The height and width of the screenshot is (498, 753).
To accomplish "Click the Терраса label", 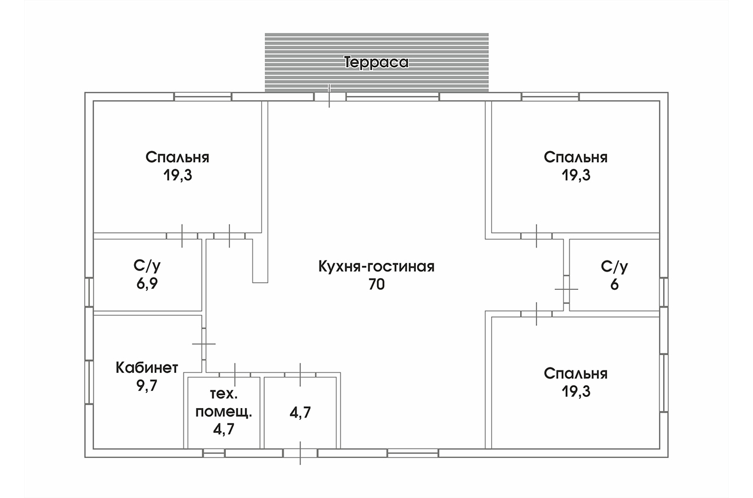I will [376, 63].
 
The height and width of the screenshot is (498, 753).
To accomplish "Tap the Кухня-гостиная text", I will [376, 267].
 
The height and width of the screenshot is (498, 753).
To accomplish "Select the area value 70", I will [376, 285].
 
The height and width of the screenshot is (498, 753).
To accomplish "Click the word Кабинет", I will [146, 368].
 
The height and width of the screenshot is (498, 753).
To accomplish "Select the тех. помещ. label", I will [223, 402].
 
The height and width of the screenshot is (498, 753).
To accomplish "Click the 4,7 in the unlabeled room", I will [300, 412].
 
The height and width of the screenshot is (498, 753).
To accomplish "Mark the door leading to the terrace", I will [329, 96].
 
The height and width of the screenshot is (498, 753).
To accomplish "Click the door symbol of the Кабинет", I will [204, 343].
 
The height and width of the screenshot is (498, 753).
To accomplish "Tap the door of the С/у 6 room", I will [566, 289].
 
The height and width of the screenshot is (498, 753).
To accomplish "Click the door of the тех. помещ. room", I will [235, 375].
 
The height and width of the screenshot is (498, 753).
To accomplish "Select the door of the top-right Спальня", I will [537, 236].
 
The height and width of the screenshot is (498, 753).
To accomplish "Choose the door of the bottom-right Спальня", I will [537, 314].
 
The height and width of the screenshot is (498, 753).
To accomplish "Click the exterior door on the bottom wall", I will [300, 453].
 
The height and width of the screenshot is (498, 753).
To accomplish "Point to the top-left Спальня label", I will [178, 158].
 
